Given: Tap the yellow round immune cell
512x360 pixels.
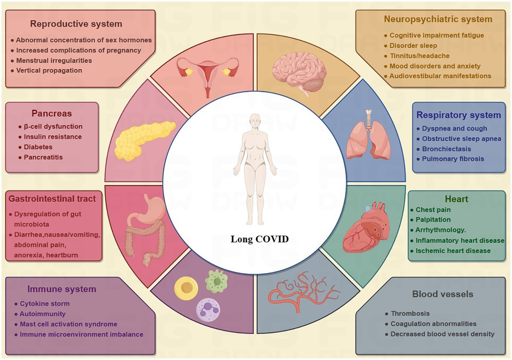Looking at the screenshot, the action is click(186, 287).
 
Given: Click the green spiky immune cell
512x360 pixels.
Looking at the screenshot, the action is click(216, 281).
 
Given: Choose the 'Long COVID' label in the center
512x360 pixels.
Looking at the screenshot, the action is click(260, 239).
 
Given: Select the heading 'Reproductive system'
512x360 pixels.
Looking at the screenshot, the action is click(76, 24).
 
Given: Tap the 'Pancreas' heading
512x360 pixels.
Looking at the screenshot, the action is click(52, 113).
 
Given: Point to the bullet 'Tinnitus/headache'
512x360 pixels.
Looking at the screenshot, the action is click(420, 56).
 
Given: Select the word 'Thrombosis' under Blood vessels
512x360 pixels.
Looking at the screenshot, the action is click(410, 314).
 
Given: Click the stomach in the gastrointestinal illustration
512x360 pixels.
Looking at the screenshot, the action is click(151, 208).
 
